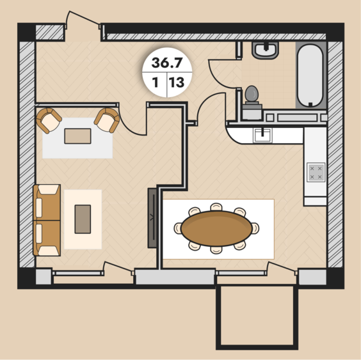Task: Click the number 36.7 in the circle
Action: (167, 63)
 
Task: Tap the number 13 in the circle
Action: (177, 82)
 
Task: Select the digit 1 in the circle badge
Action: (156, 82)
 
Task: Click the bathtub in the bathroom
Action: (310, 75)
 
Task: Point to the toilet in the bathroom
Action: (252, 102)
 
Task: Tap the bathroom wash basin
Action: (265, 50)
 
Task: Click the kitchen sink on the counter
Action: (262, 135)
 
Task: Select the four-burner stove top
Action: (316, 172)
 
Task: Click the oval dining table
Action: (216, 228)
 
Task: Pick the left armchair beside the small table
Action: (49, 120)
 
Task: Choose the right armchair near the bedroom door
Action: (107, 120)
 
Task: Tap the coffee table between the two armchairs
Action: (77, 136)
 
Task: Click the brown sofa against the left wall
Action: (47, 220)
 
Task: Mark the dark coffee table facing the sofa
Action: (83, 219)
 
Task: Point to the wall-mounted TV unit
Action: (152, 218)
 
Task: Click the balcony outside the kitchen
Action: (257, 317)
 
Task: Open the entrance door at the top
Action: (83, 18)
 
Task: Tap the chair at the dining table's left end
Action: (178, 228)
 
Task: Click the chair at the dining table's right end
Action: (255, 228)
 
